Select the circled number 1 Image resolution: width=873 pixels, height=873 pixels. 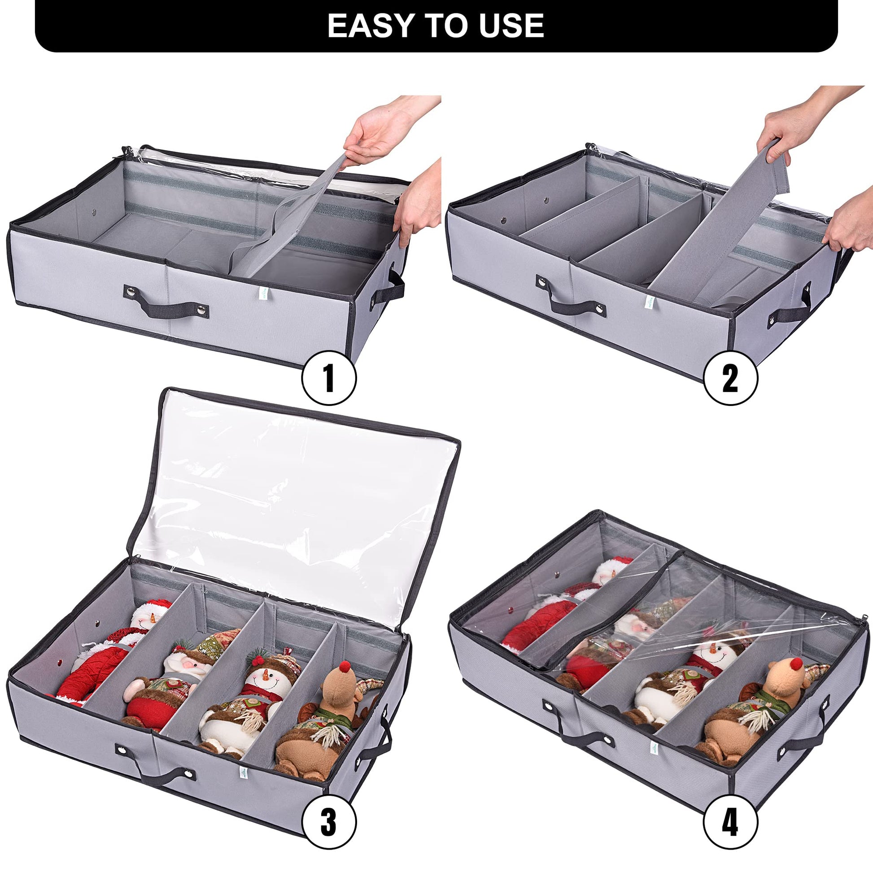pyautogui.click(x=329, y=377)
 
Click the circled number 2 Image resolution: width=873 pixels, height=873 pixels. pyautogui.click(x=731, y=377)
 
